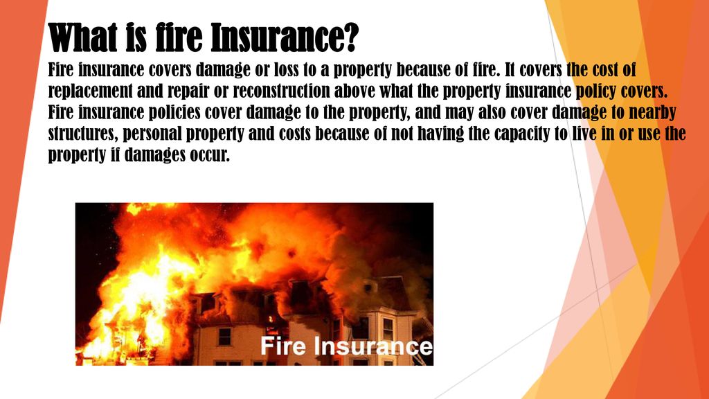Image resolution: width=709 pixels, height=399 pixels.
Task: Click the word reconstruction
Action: pos(281,91)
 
